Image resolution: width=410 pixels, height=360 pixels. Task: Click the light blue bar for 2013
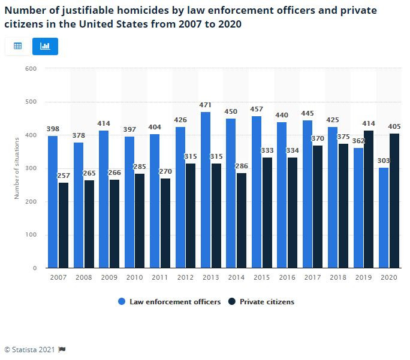tap(206, 190)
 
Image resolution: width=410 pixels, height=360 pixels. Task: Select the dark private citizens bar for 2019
tap(369, 199)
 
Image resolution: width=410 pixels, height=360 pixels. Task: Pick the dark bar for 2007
tap(64, 225)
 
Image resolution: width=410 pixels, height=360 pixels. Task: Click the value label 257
tap(64, 176)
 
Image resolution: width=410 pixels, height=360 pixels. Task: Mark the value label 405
tap(394, 126)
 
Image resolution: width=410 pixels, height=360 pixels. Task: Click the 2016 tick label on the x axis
tap(287, 277)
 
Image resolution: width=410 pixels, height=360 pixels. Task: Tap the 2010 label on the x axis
tap(134, 277)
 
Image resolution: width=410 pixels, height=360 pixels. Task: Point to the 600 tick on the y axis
tap(32, 69)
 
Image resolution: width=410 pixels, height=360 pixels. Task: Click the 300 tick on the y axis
tap(32, 168)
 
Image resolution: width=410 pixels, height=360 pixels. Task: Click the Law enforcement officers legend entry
tap(170, 302)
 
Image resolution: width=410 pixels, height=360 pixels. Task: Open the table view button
tap(17, 46)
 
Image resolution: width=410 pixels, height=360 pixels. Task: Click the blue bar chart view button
tap(45, 46)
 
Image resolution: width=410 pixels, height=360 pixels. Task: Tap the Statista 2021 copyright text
tap(30, 349)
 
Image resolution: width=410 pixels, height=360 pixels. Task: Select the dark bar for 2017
tap(318, 207)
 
